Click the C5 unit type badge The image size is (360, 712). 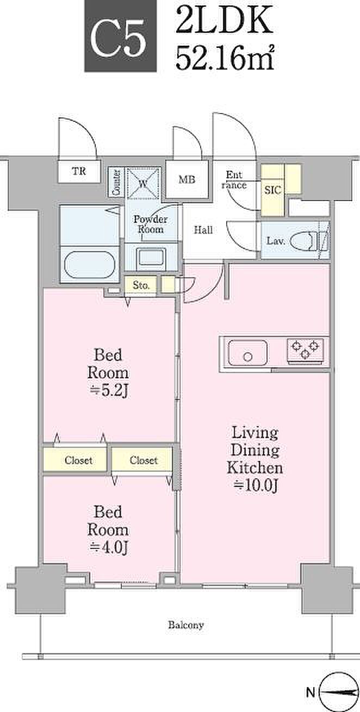121,36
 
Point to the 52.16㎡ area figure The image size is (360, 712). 225,57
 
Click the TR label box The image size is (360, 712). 79,171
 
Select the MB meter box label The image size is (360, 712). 187,179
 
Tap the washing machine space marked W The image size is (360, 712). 143,183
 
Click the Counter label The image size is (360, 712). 116,183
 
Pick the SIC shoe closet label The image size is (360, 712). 272,190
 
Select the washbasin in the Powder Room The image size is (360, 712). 151,257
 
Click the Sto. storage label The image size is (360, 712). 140,285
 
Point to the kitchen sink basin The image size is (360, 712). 248,353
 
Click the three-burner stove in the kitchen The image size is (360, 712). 305,349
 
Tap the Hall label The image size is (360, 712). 203,230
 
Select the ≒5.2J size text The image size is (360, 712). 108,391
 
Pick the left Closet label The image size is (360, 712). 78,460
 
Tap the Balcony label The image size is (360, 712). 186,625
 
